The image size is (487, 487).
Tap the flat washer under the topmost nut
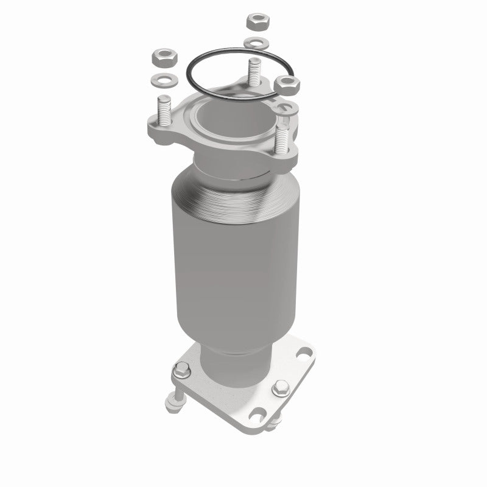(256, 43)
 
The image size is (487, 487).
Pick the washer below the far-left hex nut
(161, 79)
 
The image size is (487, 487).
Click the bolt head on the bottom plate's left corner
(181, 369)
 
